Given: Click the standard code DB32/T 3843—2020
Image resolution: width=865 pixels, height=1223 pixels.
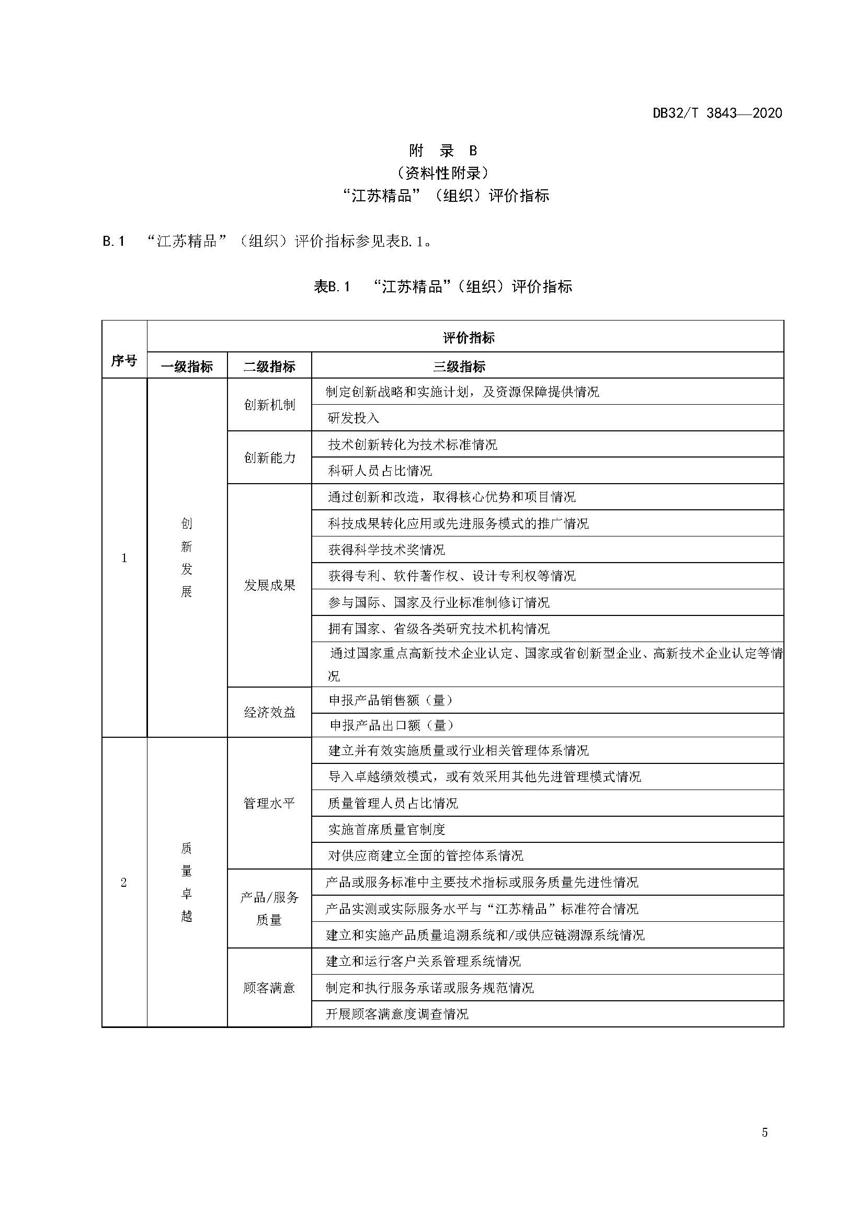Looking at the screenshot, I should point(717,113).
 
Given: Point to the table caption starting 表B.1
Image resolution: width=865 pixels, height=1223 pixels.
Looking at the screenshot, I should point(442,287).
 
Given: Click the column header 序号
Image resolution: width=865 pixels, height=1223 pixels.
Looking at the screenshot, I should point(124,361).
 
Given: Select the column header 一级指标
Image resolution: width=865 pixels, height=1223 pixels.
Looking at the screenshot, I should point(187,367).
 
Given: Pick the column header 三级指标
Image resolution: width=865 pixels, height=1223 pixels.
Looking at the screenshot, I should point(459,367).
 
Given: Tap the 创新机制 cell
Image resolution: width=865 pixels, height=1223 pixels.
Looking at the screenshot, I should point(269,405).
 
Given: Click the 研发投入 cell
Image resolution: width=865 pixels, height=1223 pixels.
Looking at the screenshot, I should point(354,418).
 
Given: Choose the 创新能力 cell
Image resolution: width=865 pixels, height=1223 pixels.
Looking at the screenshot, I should point(269,458).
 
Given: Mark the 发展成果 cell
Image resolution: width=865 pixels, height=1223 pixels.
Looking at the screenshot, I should point(269,586).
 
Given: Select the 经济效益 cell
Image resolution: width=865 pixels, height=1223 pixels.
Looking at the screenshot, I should point(269,713).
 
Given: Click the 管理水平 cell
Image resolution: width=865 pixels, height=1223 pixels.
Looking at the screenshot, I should point(269,803).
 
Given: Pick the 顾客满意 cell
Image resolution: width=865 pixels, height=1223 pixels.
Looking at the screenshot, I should point(269,988).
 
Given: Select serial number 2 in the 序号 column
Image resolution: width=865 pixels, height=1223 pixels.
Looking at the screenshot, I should point(124,883).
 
